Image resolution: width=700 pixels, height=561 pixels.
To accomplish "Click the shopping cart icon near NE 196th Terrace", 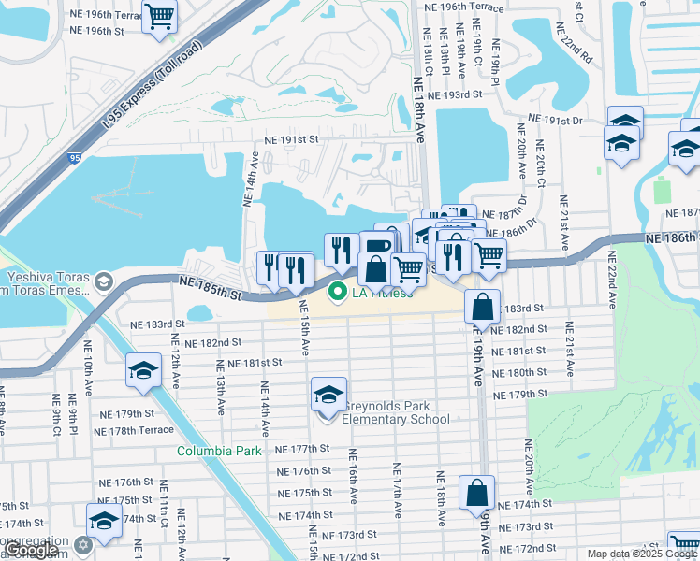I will tap(159, 16).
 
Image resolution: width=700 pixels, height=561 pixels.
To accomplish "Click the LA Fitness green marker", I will tap(341, 293).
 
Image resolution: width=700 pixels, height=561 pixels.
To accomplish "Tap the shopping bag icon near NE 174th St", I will tap(476, 490).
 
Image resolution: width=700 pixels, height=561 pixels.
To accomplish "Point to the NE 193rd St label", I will tap(454, 95).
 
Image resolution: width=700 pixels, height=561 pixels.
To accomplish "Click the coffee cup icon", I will tap(375, 246).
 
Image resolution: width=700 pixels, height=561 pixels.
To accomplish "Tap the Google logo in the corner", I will tap(31, 550).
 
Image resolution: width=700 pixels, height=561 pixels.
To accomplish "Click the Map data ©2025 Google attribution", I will tap(641, 554).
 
